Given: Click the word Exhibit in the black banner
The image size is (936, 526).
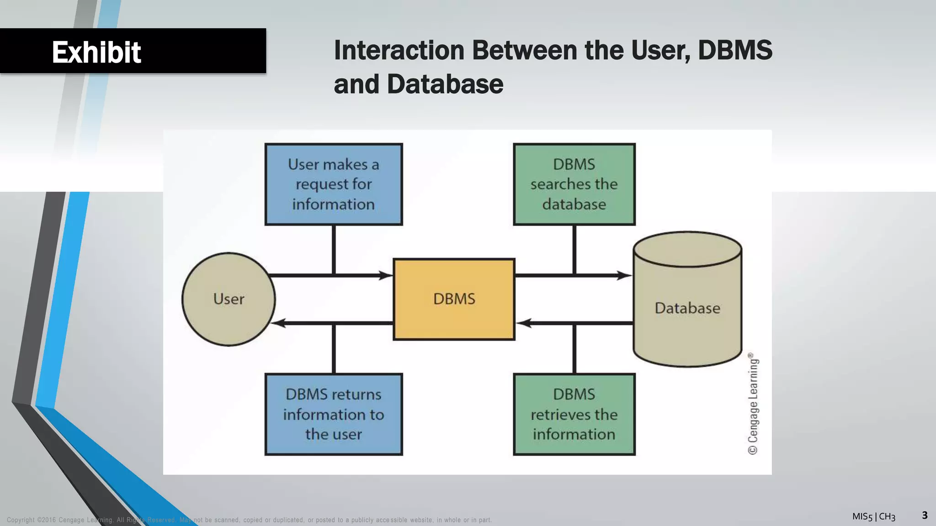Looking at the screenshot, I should [x=96, y=52].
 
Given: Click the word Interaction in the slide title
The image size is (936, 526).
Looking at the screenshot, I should [x=399, y=50].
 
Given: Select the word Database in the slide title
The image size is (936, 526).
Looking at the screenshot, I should [x=445, y=84].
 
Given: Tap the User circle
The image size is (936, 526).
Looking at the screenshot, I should [x=229, y=299].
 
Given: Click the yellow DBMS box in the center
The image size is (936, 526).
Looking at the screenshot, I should [x=454, y=299].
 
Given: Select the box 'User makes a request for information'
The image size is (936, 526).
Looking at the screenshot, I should [x=334, y=184].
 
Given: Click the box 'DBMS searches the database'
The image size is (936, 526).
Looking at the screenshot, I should [x=574, y=184].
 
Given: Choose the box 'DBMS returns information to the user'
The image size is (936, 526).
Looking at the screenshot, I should [x=334, y=414].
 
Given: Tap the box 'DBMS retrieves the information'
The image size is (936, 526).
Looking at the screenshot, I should [x=574, y=414].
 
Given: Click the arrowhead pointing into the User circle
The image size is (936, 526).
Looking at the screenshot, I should [x=278, y=323].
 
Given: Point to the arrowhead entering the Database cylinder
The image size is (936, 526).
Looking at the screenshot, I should [x=625, y=275].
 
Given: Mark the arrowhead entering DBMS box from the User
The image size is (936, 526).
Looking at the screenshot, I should [x=387, y=275].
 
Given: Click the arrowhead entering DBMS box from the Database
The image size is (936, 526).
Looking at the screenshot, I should [x=523, y=323].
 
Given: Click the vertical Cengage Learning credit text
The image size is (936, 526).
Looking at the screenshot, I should [x=753, y=404].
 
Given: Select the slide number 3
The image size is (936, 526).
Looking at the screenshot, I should [x=925, y=515].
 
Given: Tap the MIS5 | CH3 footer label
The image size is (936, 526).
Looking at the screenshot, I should [x=873, y=516].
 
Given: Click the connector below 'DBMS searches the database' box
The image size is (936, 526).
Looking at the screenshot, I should [x=574, y=250].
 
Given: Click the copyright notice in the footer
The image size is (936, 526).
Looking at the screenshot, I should [x=249, y=520].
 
